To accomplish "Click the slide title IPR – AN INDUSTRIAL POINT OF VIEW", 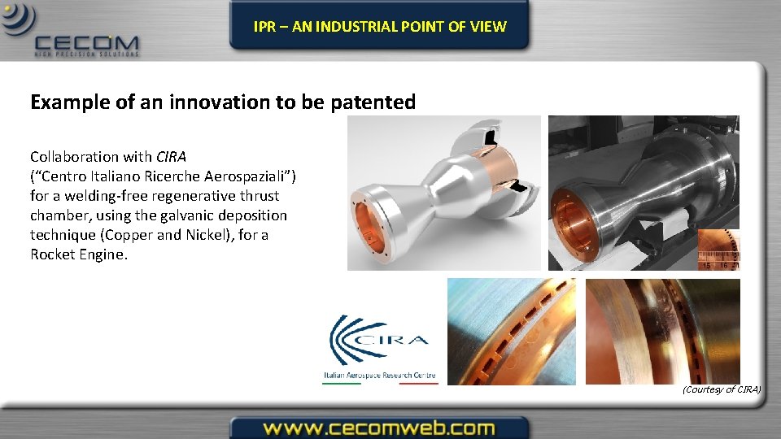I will click(x=379, y=26).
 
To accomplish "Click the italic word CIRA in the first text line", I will click(x=172, y=157).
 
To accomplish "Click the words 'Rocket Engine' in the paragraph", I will click(x=79, y=254).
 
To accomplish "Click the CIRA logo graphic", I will click(x=379, y=341).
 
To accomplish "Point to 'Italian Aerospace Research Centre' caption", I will click(x=379, y=376).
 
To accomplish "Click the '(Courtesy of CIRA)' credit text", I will click(x=722, y=389).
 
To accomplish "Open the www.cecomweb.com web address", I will click(x=379, y=428).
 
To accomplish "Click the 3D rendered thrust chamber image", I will click(x=443, y=192).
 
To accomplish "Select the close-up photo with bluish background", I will click(x=511, y=331).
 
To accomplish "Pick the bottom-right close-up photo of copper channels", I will click(x=662, y=331).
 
